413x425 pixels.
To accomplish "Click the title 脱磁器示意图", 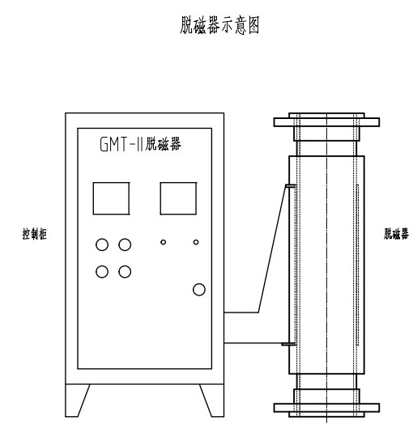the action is [219, 25].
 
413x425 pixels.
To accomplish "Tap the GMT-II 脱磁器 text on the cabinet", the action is [140, 144].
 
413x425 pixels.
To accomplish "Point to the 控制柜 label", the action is [35, 234].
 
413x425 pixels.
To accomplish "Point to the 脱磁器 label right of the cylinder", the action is [396, 234].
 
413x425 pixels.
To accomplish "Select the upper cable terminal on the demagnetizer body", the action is [290, 186].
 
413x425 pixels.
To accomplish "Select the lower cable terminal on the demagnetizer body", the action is [288, 344].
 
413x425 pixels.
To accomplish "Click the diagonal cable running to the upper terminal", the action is [272, 249].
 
